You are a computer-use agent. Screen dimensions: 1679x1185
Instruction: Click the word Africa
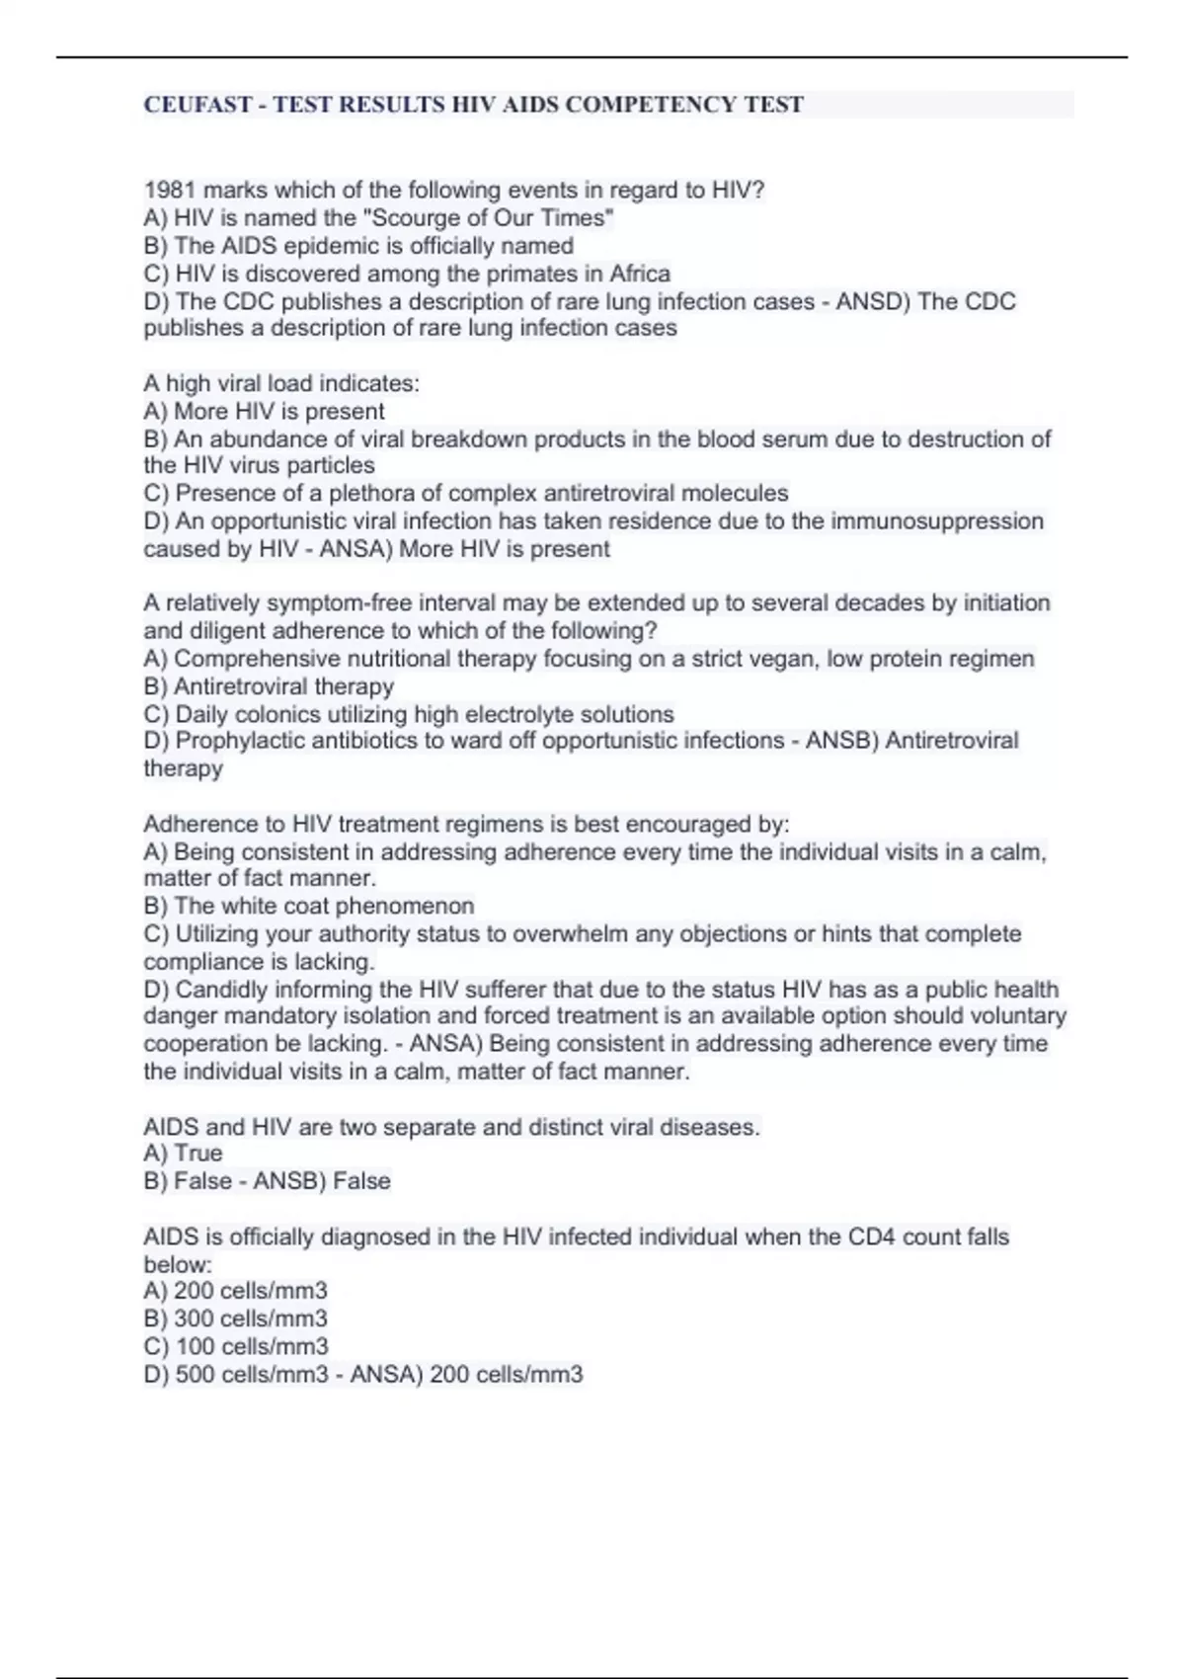640,274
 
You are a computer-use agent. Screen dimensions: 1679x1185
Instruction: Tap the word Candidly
224,990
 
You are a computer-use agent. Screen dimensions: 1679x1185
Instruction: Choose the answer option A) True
184,1154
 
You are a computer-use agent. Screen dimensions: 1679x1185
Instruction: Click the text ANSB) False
322,1181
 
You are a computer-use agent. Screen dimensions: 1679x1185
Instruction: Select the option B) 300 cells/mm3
236,1319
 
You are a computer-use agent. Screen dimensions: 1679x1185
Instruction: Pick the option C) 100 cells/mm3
236,1346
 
